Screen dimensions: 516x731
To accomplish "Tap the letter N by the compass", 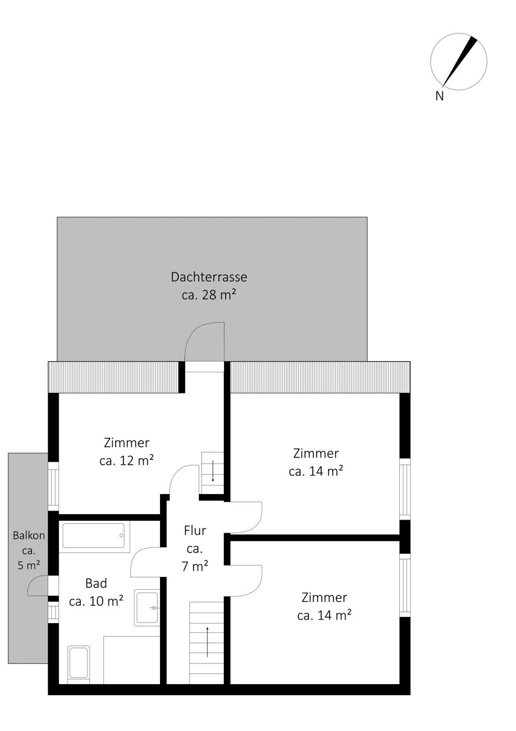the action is [x=439, y=96].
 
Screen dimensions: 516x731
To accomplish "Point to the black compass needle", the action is [x=459, y=62].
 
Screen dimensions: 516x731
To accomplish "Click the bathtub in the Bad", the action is [x=94, y=536].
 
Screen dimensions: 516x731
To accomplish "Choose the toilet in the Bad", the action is [x=78, y=665].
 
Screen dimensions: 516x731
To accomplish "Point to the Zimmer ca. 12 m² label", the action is [x=127, y=451].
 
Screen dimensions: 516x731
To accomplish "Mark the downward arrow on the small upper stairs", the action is [x=213, y=471].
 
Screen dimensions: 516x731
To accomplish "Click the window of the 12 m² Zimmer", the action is [x=54, y=486].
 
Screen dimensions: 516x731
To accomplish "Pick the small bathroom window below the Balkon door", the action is [x=54, y=612].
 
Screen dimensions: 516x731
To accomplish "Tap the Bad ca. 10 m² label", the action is [x=96, y=592].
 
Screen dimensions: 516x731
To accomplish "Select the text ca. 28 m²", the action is [x=209, y=295].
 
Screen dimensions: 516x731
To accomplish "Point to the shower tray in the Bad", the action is [x=131, y=660].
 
